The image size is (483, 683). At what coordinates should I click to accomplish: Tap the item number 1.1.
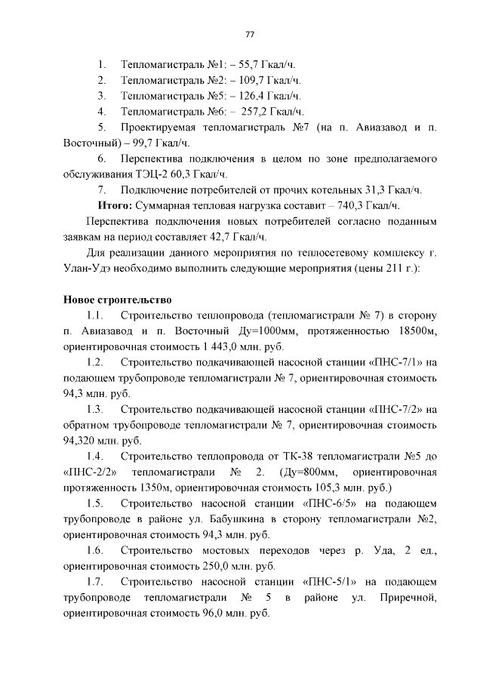pyautogui.click(x=94, y=315)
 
